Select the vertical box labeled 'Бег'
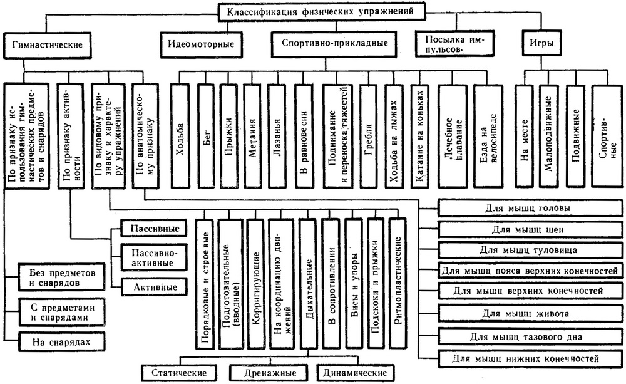click(x=207, y=135)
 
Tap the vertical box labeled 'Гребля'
click(x=369, y=135)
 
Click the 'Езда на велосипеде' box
click(x=488, y=135)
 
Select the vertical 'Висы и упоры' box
click(x=354, y=282)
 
